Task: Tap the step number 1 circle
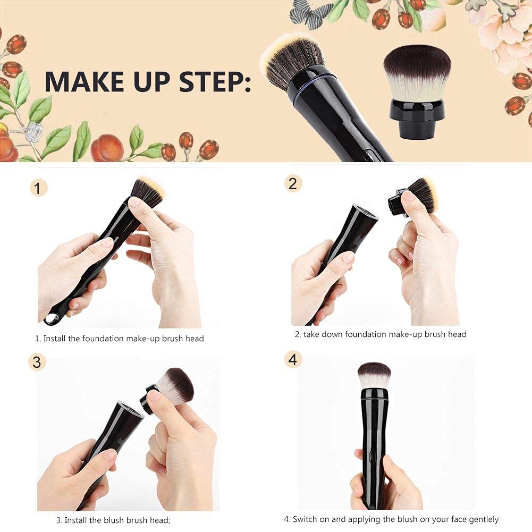pos(38,187)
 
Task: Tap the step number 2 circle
pos(293,184)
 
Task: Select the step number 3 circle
pos(37,362)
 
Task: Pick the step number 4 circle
pos(293,360)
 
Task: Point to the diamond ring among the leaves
pos(33,129)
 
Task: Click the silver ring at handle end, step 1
pos(52,318)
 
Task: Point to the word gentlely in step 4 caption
pos(480,519)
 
